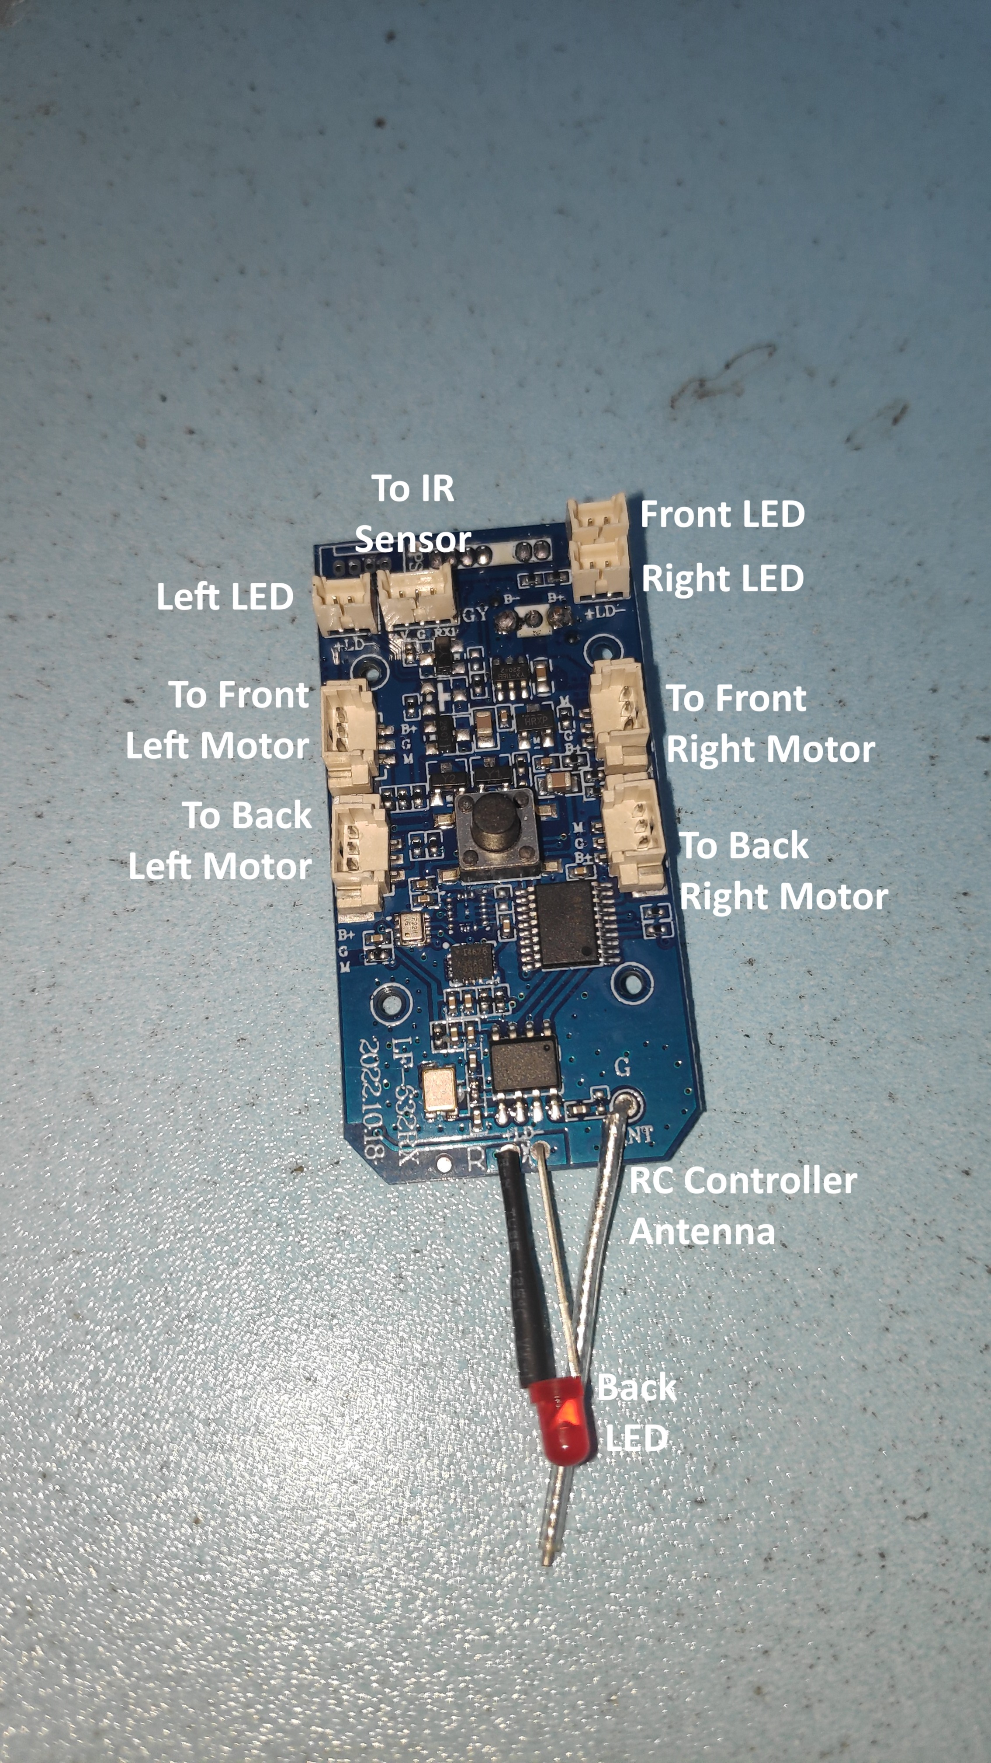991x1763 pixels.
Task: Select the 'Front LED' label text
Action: (x=722, y=515)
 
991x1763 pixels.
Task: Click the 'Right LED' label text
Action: (x=722, y=578)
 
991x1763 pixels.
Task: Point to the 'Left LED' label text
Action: (x=225, y=597)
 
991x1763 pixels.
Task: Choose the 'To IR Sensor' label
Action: (x=413, y=513)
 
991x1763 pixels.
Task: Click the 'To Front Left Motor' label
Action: (x=218, y=720)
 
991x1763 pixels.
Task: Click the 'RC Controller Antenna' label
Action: (x=742, y=1206)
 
